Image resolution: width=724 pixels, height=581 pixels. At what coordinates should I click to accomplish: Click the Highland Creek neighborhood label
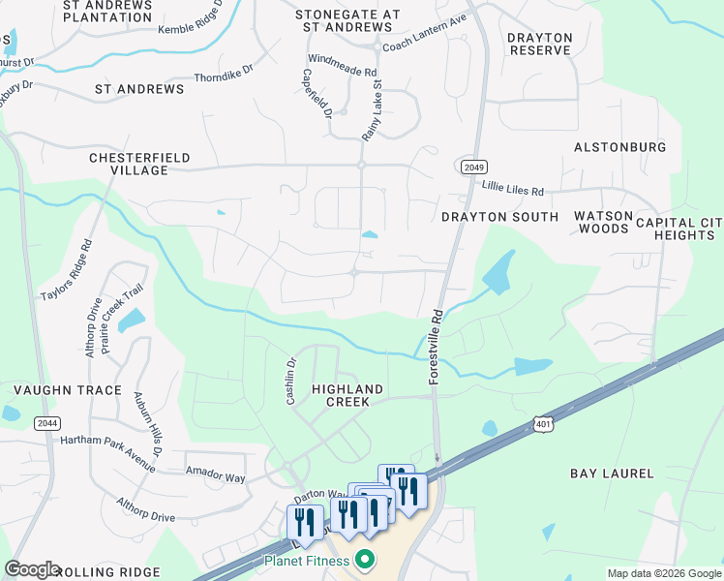(347, 395)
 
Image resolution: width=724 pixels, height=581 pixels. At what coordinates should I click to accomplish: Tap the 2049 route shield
(472, 168)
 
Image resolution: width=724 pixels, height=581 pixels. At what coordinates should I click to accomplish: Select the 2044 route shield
(45, 423)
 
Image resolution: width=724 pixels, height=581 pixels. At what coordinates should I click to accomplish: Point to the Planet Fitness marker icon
(365, 559)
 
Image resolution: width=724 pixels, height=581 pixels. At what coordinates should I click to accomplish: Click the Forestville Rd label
(436, 348)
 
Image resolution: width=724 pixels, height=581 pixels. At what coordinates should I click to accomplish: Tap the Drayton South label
(499, 217)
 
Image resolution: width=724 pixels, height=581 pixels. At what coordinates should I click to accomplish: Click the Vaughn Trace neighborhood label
(68, 390)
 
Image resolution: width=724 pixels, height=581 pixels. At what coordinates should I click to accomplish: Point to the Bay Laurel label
(612, 474)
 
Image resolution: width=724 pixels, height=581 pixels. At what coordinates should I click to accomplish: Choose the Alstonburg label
(619, 147)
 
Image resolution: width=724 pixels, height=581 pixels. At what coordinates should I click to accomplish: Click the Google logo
(32, 569)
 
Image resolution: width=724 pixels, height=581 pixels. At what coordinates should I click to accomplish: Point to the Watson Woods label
(605, 222)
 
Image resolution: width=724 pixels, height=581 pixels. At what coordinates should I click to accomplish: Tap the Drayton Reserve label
(540, 44)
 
